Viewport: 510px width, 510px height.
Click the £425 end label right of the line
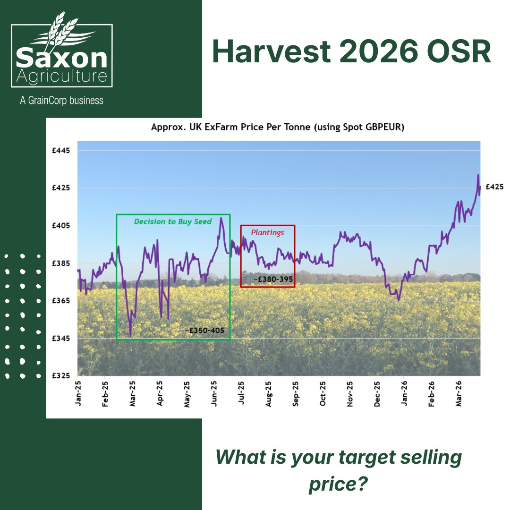click(x=494, y=187)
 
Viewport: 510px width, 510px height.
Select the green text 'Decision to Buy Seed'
click(x=173, y=221)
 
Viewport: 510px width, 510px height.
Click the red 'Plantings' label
click(x=267, y=232)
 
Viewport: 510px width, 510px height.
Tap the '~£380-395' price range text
click(x=273, y=280)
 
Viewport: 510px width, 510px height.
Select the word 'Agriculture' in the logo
click(x=61, y=76)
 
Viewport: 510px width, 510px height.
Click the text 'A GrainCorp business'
click(x=61, y=100)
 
